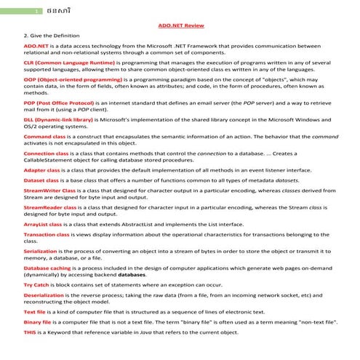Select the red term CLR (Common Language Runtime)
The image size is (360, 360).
click(x=65, y=64)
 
